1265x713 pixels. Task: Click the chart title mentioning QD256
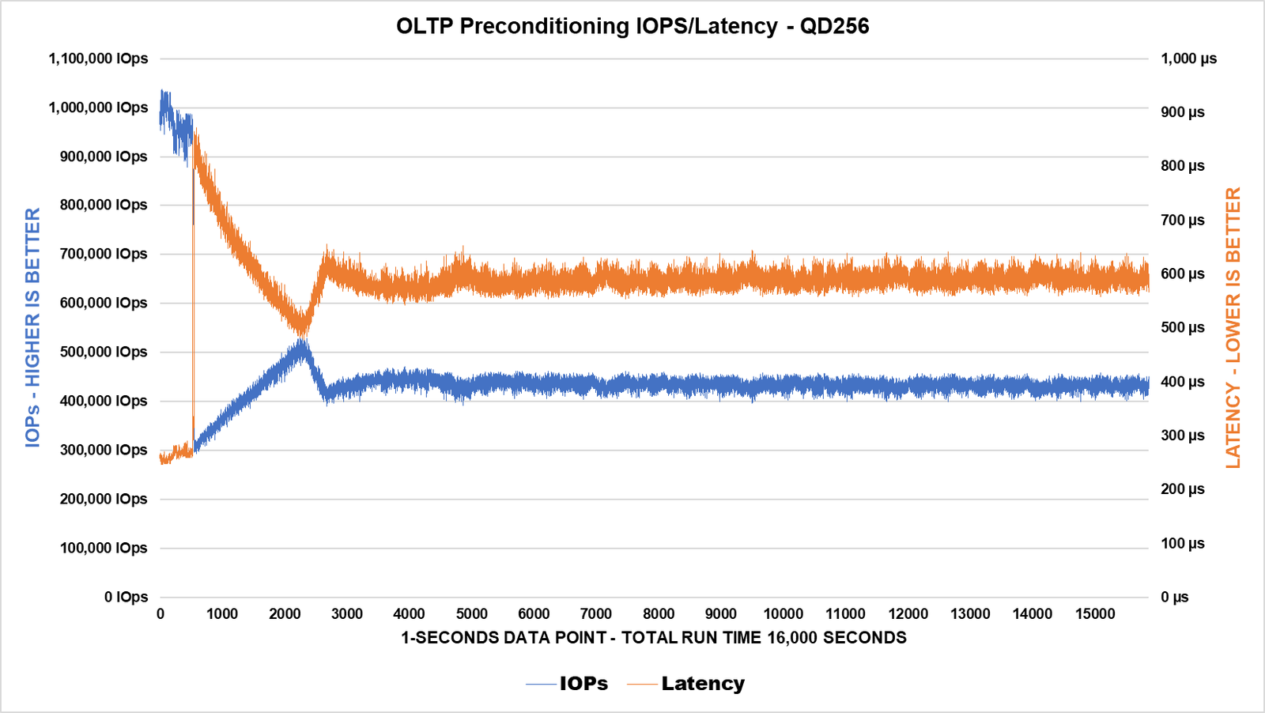tap(632, 26)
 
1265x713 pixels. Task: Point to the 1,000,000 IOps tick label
tap(98, 108)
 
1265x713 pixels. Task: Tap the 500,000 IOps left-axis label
tap(104, 352)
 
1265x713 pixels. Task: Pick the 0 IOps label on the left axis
tap(126, 597)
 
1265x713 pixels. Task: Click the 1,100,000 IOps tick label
tap(98, 58)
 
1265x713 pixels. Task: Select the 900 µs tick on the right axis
tap(1183, 112)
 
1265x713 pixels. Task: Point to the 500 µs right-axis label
tap(1183, 327)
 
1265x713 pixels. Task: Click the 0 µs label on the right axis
tap(1175, 597)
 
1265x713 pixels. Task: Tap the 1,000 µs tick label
tap(1188, 58)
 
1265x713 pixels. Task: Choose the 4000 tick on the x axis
tap(409, 614)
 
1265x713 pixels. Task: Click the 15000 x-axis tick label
tap(1095, 614)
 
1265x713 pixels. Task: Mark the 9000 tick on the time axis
tap(721, 614)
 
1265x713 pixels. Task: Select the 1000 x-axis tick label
tap(222, 614)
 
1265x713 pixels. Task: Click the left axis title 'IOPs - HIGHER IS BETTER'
tap(32, 327)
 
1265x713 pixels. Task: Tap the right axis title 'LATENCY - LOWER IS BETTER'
tap(1233, 327)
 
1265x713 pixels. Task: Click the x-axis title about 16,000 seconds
tap(654, 638)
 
